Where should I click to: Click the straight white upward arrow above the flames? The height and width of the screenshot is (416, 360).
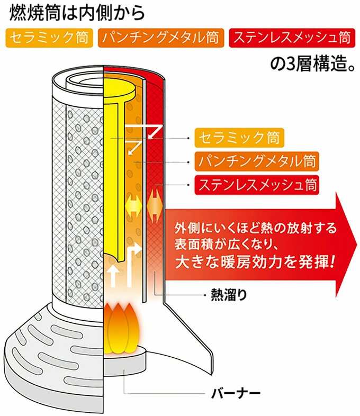pyautogui.click(x=112, y=276)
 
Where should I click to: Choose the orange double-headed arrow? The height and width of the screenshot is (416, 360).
pyautogui.click(x=154, y=204)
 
